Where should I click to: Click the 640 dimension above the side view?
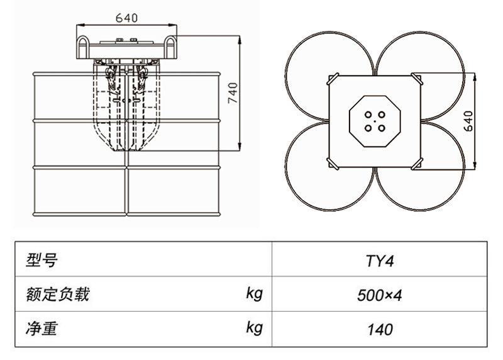click(126, 18)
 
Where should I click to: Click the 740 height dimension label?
click(232, 94)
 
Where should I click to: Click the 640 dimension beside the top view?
click(468, 120)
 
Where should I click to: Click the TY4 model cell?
click(380, 261)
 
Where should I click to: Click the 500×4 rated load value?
click(380, 294)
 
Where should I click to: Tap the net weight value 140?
click(380, 329)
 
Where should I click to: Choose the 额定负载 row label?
click(58, 294)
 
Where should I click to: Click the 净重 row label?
click(41, 328)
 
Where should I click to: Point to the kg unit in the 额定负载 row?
click(253, 293)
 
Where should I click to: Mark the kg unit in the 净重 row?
click(253, 327)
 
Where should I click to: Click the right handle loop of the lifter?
click(170, 48)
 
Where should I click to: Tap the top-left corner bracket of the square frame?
click(333, 79)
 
